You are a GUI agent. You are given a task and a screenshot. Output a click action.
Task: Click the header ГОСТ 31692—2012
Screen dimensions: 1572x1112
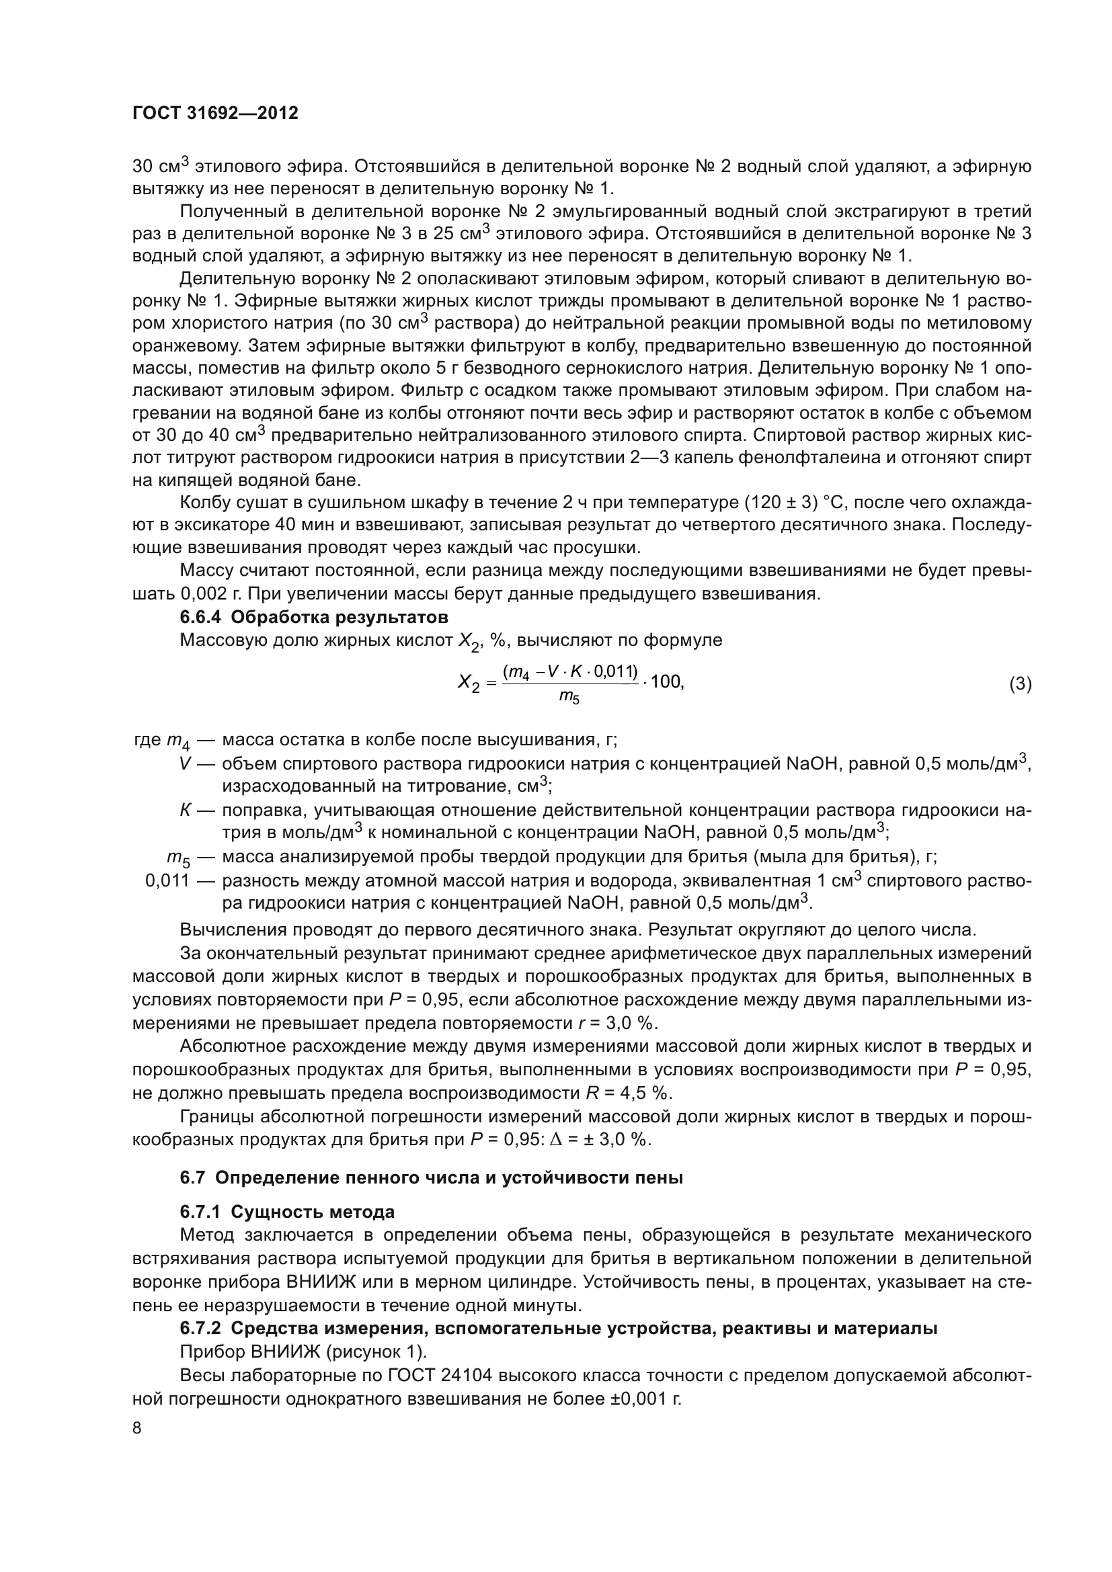click(215, 114)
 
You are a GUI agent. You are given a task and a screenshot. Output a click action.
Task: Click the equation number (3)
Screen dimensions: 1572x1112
click(1020, 684)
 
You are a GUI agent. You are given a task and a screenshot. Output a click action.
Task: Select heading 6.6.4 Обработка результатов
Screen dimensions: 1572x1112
click(313, 617)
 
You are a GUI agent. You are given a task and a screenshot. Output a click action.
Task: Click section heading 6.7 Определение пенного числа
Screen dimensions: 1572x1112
click(432, 1178)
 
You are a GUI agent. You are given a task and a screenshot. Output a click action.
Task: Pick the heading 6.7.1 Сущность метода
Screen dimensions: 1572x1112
click(288, 1212)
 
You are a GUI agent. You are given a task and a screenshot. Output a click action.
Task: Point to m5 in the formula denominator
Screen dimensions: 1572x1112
click(569, 698)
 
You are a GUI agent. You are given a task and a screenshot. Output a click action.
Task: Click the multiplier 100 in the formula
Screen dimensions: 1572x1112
click(666, 682)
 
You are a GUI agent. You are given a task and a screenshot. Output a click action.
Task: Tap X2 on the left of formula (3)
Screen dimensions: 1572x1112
click(469, 684)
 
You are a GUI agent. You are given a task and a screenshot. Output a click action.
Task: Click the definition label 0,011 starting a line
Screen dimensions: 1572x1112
click(167, 880)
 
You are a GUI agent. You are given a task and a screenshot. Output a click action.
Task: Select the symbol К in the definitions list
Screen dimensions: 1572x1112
click(185, 811)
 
